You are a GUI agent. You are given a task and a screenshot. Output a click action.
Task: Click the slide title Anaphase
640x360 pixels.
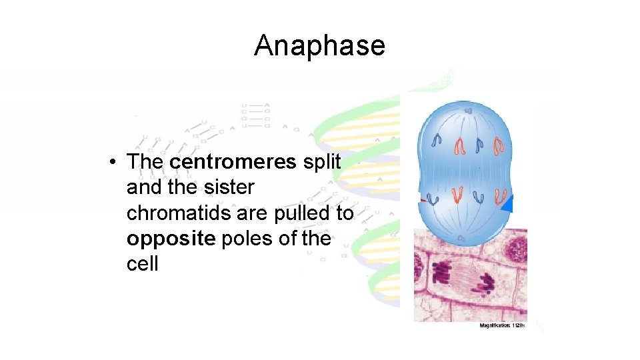(319, 46)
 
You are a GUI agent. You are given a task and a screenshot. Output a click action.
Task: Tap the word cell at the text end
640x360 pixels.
(142, 264)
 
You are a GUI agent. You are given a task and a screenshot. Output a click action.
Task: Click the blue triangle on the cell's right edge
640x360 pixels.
(507, 204)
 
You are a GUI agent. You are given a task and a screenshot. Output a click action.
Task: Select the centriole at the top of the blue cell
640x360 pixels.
(469, 110)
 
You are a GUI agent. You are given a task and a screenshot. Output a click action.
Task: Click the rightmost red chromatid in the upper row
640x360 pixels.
(498, 144)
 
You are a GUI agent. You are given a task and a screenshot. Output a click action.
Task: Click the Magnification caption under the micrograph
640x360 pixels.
(502, 325)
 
